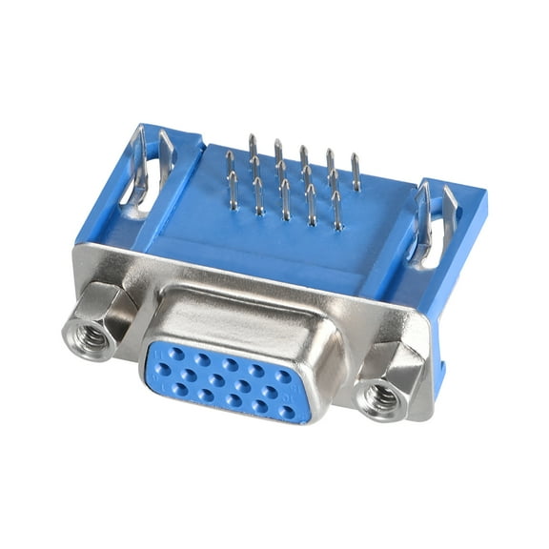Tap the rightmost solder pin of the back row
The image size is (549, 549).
click(x=356, y=172)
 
